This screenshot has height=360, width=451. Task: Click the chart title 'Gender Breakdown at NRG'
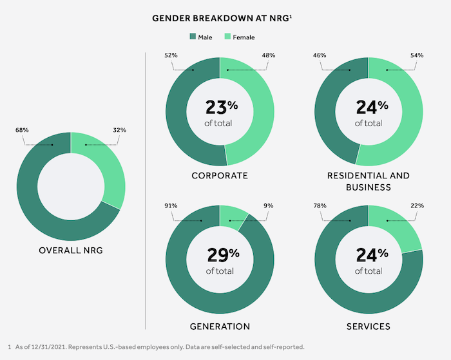225,18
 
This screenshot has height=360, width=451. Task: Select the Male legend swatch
193,37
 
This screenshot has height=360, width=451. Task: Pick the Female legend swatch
227,37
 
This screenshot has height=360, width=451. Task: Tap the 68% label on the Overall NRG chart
21,130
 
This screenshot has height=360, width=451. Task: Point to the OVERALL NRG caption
71,249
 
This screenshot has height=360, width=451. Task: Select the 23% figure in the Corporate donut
219,107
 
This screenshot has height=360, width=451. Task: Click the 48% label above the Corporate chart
269,55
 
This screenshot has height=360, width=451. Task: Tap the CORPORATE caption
220,175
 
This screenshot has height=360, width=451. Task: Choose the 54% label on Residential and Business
417,55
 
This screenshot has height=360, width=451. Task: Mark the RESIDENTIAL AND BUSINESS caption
368,181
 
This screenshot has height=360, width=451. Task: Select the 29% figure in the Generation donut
219,256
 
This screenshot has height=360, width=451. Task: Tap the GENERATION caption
220,327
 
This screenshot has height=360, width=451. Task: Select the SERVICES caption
368,327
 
